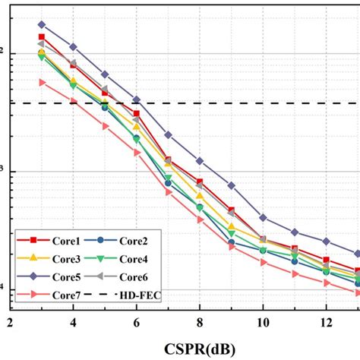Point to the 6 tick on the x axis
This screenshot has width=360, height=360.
point(137,322)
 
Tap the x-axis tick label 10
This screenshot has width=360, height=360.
point(263,322)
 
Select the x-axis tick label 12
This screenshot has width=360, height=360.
point(326,322)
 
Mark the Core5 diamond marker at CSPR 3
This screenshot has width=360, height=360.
point(42,24)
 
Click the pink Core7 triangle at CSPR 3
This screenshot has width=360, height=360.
point(42,82)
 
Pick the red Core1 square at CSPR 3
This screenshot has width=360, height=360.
point(42,36)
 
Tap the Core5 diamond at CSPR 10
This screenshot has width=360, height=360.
point(263,218)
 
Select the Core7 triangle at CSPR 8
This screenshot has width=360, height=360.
point(200,220)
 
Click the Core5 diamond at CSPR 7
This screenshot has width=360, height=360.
point(168,134)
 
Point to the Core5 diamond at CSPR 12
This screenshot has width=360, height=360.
point(326,241)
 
